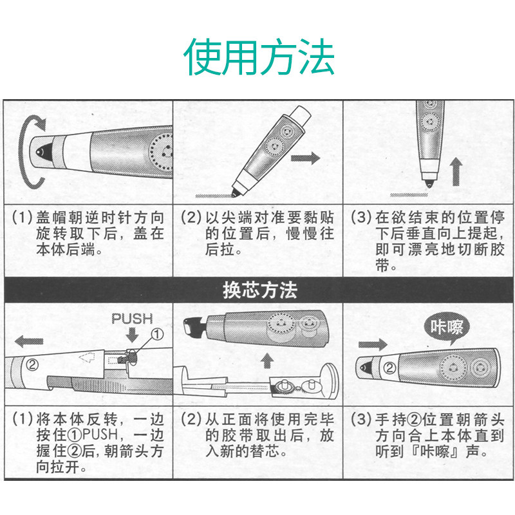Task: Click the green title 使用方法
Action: click(x=259, y=57)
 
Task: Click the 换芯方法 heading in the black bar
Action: click(x=260, y=290)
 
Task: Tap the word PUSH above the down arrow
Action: click(x=132, y=319)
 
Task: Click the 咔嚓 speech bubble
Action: click(x=446, y=328)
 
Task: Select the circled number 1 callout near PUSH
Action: click(x=157, y=334)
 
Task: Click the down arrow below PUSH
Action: click(x=132, y=334)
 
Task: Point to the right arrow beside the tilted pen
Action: click(x=305, y=158)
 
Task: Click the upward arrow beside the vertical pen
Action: click(x=456, y=172)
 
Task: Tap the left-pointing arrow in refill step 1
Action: click(x=29, y=341)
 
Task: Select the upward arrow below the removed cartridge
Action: click(x=267, y=360)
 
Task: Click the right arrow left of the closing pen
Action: click(x=373, y=344)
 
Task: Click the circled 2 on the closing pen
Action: click(x=389, y=368)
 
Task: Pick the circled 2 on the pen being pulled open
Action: click(x=32, y=364)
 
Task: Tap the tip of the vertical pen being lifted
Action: click(x=429, y=183)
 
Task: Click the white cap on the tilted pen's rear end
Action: click(x=300, y=117)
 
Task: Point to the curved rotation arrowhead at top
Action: click(x=41, y=124)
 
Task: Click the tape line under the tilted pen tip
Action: click(x=214, y=196)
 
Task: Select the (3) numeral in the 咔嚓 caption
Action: click(x=361, y=420)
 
